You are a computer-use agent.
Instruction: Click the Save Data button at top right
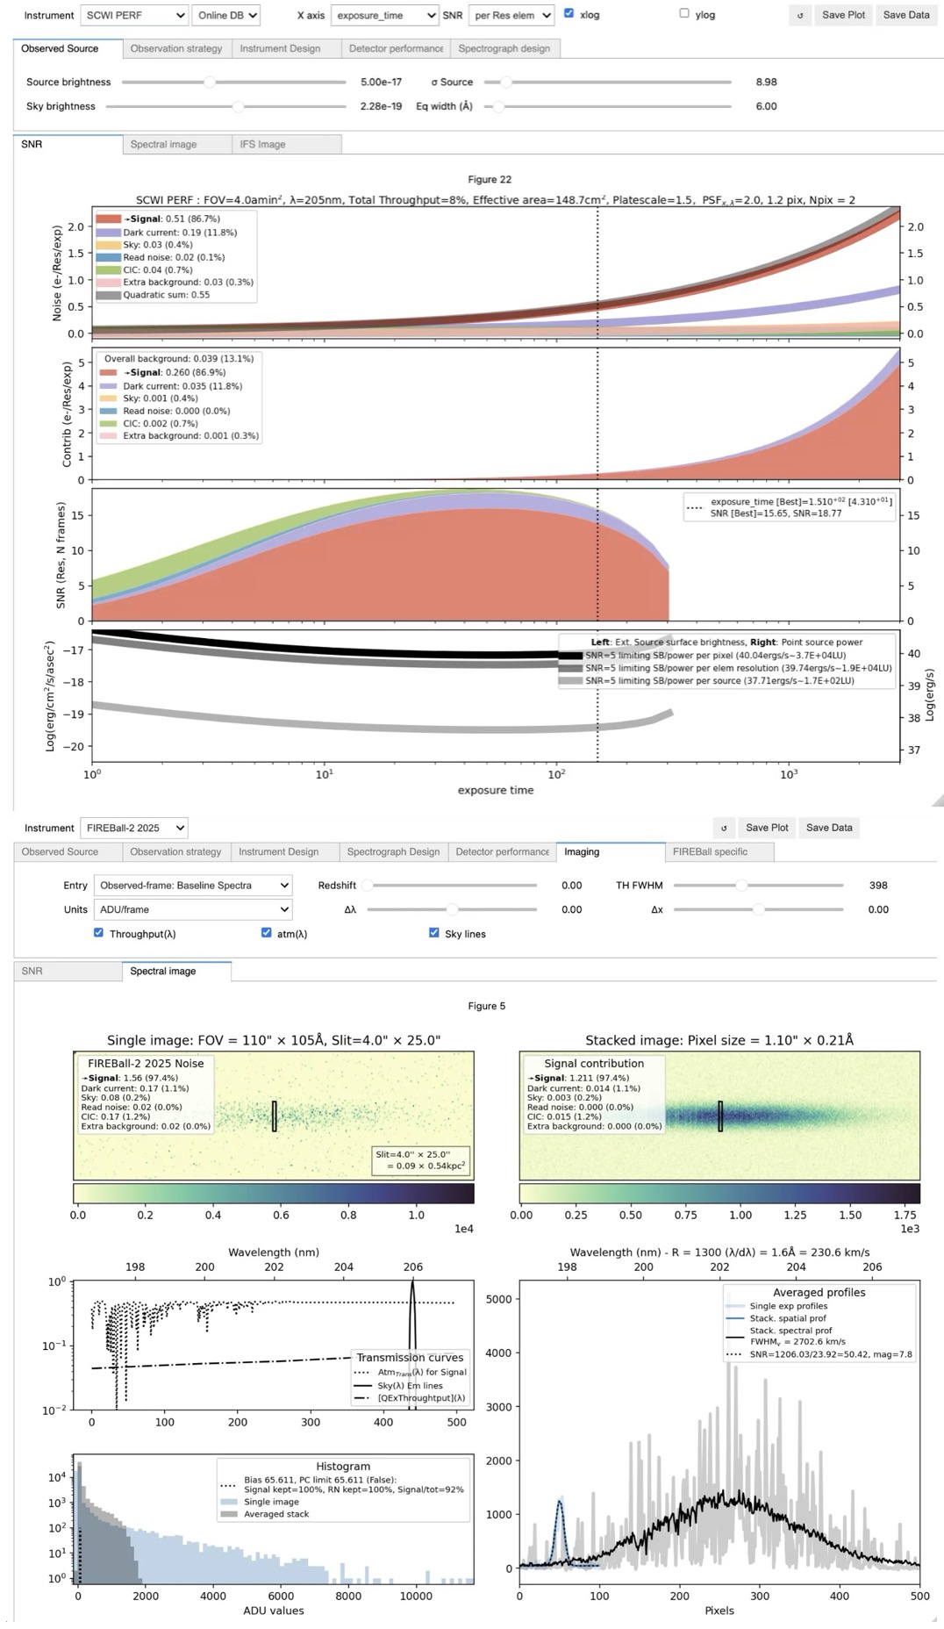[905, 15]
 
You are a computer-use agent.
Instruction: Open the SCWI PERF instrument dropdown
[134, 15]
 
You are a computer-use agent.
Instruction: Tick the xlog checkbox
[569, 14]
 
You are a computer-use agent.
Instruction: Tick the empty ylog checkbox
[684, 14]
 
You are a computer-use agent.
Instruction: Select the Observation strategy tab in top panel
[176, 48]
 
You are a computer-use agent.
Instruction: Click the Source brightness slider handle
[209, 82]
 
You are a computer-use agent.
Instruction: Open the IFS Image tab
[262, 144]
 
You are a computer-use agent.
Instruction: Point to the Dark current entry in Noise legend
[179, 233]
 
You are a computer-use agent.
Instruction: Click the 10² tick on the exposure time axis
[556, 773]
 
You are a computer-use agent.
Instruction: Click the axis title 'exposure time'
[495, 790]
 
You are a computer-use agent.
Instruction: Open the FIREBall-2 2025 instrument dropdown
[134, 828]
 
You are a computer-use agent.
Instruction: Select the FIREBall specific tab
[710, 851]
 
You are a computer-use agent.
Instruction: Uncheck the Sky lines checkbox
[433, 933]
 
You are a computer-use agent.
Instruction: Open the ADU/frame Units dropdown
[192, 909]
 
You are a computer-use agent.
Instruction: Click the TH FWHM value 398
[877, 885]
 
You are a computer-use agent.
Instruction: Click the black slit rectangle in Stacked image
[720, 1116]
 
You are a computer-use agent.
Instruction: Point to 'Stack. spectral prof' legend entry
[790, 1331]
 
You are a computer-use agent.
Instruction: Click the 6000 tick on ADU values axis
[281, 1597]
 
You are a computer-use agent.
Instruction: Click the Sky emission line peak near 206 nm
[413, 1283]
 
